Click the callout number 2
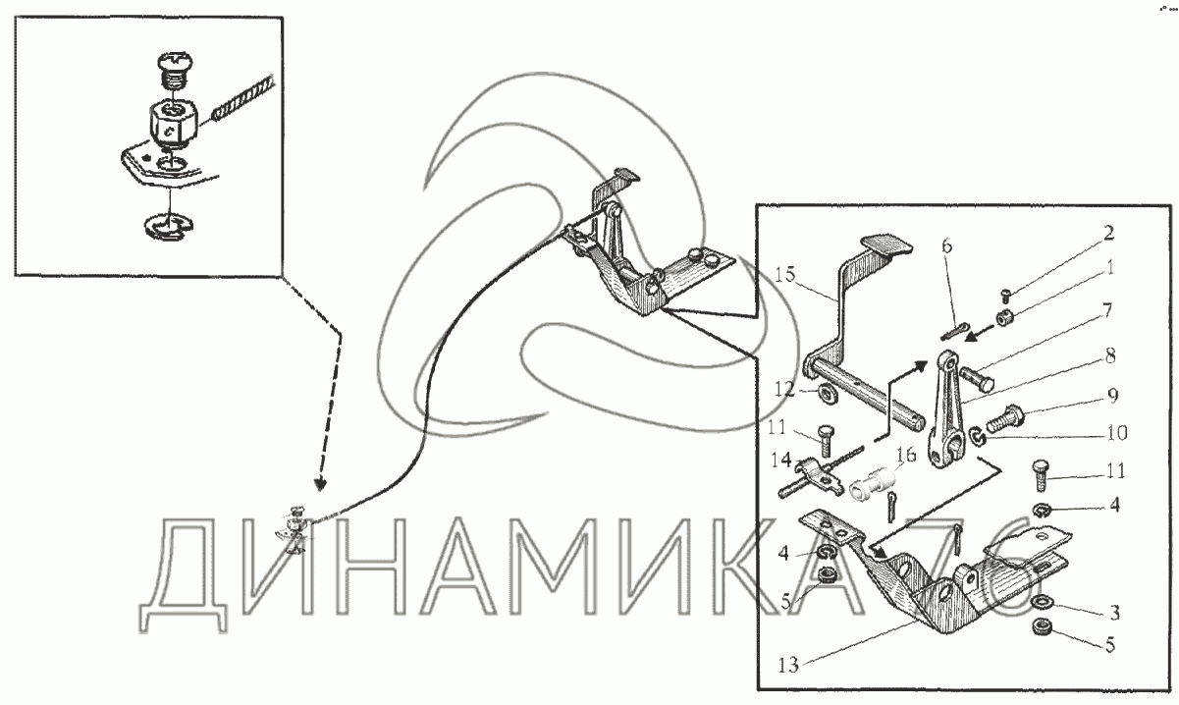tap(1109, 234)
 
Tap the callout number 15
tap(784, 274)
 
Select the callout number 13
tap(788, 665)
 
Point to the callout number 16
tap(907, 455)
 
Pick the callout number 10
tap(1116, 433)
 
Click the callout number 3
tap(1115, 613)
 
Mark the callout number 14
tap(781, 460)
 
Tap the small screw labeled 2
tap(1005, 296)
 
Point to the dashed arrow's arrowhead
tap(320, 484)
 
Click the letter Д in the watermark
tap(186, 575)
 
